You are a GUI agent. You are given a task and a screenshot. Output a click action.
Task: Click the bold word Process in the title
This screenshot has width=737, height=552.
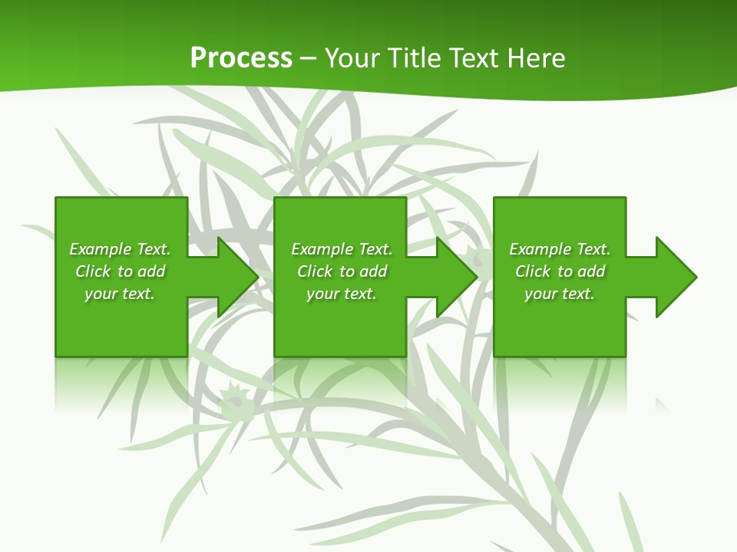coord(241,58)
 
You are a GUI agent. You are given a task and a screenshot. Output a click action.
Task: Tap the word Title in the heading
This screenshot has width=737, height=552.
coord(413,58)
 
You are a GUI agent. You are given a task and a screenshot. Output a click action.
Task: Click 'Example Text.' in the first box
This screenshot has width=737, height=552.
coord(120,249)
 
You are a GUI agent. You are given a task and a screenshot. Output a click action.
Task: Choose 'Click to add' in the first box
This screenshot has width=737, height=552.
coord(120,271)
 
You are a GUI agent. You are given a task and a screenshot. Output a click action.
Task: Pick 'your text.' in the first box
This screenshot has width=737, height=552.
coord(120,294)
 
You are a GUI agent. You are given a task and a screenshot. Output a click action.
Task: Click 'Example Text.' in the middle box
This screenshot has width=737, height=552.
coord(341,249)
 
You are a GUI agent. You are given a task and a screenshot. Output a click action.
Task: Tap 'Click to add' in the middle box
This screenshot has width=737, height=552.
coord(341,271)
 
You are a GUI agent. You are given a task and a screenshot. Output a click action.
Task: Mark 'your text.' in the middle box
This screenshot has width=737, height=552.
coord(341,294)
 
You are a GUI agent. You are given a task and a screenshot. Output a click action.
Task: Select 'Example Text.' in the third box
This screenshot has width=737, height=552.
coord(560,249)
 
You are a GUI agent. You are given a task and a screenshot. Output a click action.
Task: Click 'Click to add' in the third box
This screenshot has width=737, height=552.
coord(560,271)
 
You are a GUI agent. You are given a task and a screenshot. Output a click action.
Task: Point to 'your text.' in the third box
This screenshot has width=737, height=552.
coord(560,294)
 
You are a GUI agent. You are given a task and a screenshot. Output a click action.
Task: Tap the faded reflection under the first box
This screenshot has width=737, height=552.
coord(121,383)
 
